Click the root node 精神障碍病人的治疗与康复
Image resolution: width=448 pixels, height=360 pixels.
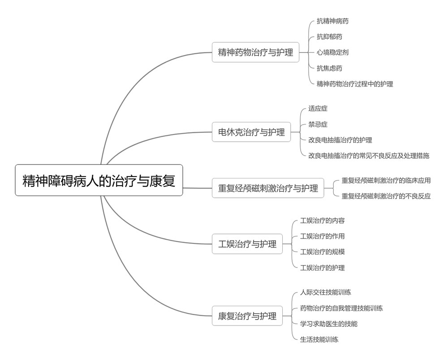click(99, 180)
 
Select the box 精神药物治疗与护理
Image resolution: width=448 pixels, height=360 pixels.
click(255, 52)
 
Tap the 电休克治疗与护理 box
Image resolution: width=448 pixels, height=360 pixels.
click(251, 132)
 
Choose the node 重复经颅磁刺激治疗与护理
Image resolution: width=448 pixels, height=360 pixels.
click(268, 188)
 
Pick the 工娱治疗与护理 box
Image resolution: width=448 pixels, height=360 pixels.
click(247, 244)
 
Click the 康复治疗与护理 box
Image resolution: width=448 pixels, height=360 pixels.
click(247, 316)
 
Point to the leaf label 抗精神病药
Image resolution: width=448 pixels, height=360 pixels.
click(332, 21)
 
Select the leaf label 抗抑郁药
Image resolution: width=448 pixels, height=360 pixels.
click(329, 37)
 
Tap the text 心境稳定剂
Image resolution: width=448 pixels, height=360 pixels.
click(332, 52)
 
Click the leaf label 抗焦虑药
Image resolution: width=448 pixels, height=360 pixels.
click(329, 68)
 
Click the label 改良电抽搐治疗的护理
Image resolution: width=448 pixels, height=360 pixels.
click(340, 140)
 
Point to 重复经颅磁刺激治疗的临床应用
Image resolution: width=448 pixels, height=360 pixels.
click(386, 180)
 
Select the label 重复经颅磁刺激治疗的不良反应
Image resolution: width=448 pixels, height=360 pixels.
click(386, 196)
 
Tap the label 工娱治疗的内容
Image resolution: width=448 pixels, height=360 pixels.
click(322, 221)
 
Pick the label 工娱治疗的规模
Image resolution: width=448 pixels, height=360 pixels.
click(322, 252)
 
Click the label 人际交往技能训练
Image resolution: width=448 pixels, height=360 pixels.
click(325, 292)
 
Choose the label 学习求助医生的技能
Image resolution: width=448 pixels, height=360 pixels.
click(328, 324)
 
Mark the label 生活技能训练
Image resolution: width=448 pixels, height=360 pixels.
click(319, 339)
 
